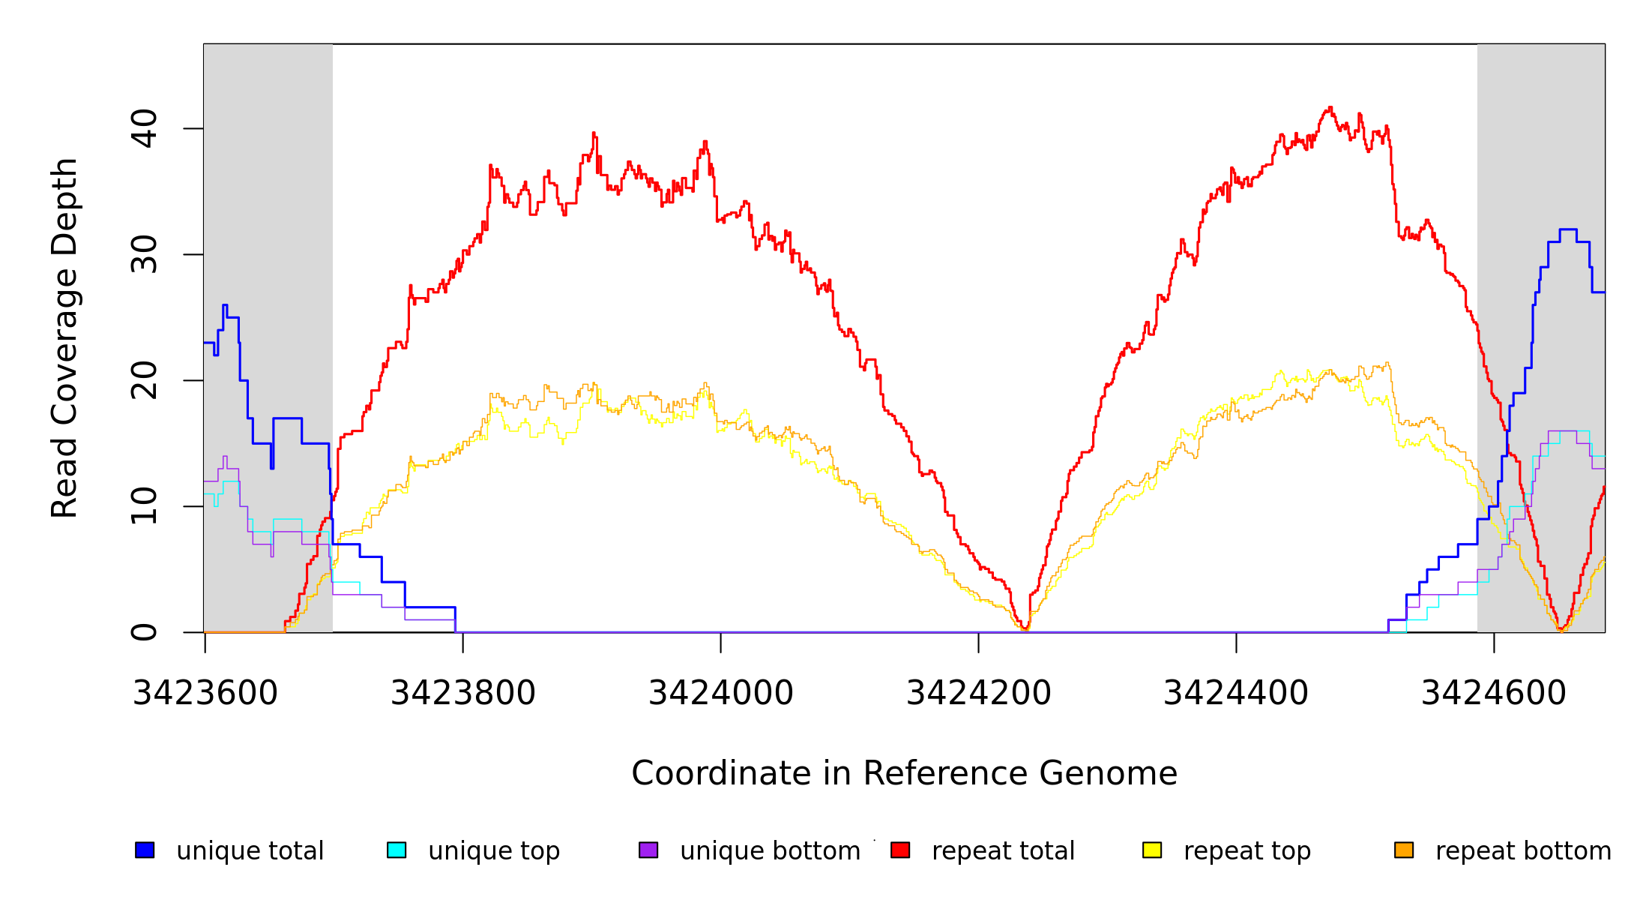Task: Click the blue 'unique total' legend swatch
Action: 145,850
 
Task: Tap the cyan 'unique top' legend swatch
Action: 397,850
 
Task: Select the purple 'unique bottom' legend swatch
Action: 648,850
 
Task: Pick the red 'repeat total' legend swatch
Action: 900,850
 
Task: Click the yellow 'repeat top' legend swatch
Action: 1152,850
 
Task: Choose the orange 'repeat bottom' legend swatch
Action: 1404,850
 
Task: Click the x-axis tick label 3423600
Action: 205,693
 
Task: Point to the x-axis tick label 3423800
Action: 463,693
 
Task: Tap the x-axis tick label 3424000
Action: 721,693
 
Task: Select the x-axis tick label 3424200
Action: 979,693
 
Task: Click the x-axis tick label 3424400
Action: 1236,693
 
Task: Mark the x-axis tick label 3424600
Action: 1494,693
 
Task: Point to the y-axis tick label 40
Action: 145,128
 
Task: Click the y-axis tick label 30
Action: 145,254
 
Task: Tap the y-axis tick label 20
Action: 145,380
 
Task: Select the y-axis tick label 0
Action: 145,632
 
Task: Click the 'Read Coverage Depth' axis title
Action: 64,337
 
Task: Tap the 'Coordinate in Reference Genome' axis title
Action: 904,773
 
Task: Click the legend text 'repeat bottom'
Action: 1523,850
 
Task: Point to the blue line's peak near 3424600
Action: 1568,230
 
